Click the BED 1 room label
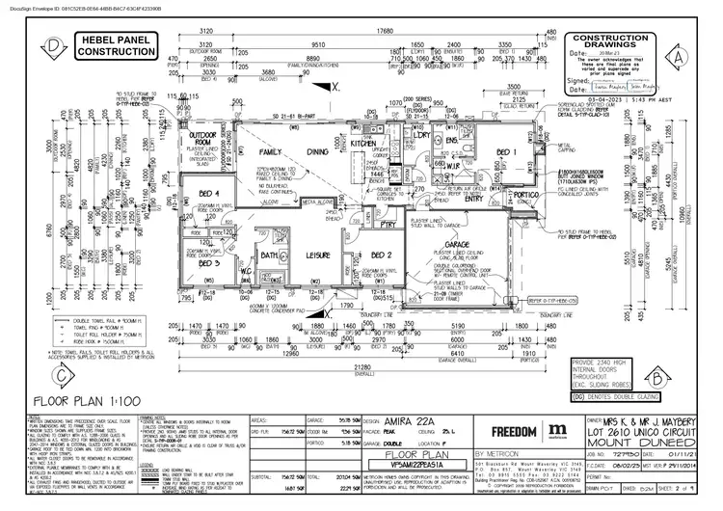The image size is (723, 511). click(x=507, y=152)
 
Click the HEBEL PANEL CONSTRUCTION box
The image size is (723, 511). click(x=108, y=43)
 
